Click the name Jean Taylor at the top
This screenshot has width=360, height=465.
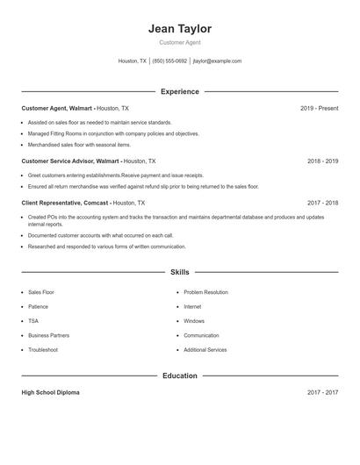point(180,29)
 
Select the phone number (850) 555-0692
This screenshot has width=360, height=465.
point(169,61)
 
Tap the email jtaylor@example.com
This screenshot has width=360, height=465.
point(217,61)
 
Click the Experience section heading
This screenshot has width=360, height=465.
point(180,91)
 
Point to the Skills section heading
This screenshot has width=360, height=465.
point(180,272)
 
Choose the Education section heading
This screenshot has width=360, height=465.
point(180,376)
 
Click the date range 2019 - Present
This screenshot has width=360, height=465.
point(319,108)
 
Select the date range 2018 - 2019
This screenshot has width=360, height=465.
point(322,161)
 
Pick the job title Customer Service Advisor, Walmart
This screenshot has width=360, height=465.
point(70,161)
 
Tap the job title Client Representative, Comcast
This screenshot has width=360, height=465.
point(65,203)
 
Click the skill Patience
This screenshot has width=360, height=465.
point(38,307)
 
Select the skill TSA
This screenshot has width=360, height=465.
point(33,321)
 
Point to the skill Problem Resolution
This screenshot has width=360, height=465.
point(205,292)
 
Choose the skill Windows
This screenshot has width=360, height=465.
point(195,321)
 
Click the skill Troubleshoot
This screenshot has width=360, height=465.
point(43,350)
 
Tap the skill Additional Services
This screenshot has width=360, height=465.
point(205,350)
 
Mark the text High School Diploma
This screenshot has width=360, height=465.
point(50,392)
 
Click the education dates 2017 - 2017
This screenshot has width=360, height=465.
point(322,392)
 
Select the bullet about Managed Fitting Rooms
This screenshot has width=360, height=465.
point(113,133)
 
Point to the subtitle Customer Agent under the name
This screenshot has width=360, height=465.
point(180,42)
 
